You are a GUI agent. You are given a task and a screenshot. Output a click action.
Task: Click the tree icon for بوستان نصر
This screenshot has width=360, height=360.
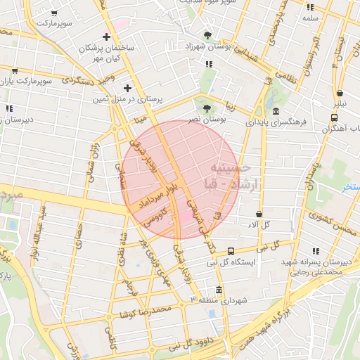(207, 108)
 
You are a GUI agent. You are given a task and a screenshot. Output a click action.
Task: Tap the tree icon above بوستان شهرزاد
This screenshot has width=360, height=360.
(207, 34)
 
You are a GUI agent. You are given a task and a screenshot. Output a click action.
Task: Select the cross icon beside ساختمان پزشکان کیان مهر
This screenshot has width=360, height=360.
(107, 37)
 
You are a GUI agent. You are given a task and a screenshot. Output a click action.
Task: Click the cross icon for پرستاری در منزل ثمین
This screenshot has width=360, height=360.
(127, 88)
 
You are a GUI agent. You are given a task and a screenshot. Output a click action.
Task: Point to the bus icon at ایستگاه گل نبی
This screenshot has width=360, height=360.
(231, 251)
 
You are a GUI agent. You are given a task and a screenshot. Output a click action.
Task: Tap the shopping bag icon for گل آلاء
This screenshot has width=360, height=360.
(259, 214)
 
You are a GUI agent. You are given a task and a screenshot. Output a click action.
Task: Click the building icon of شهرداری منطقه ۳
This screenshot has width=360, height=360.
(219, 290)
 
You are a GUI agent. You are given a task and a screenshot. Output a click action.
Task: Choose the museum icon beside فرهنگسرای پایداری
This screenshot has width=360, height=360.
(275, 112)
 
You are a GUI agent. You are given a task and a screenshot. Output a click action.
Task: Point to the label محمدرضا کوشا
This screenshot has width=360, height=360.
(146, 311)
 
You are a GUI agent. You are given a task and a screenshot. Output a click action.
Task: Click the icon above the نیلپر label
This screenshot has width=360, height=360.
(340, 93)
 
